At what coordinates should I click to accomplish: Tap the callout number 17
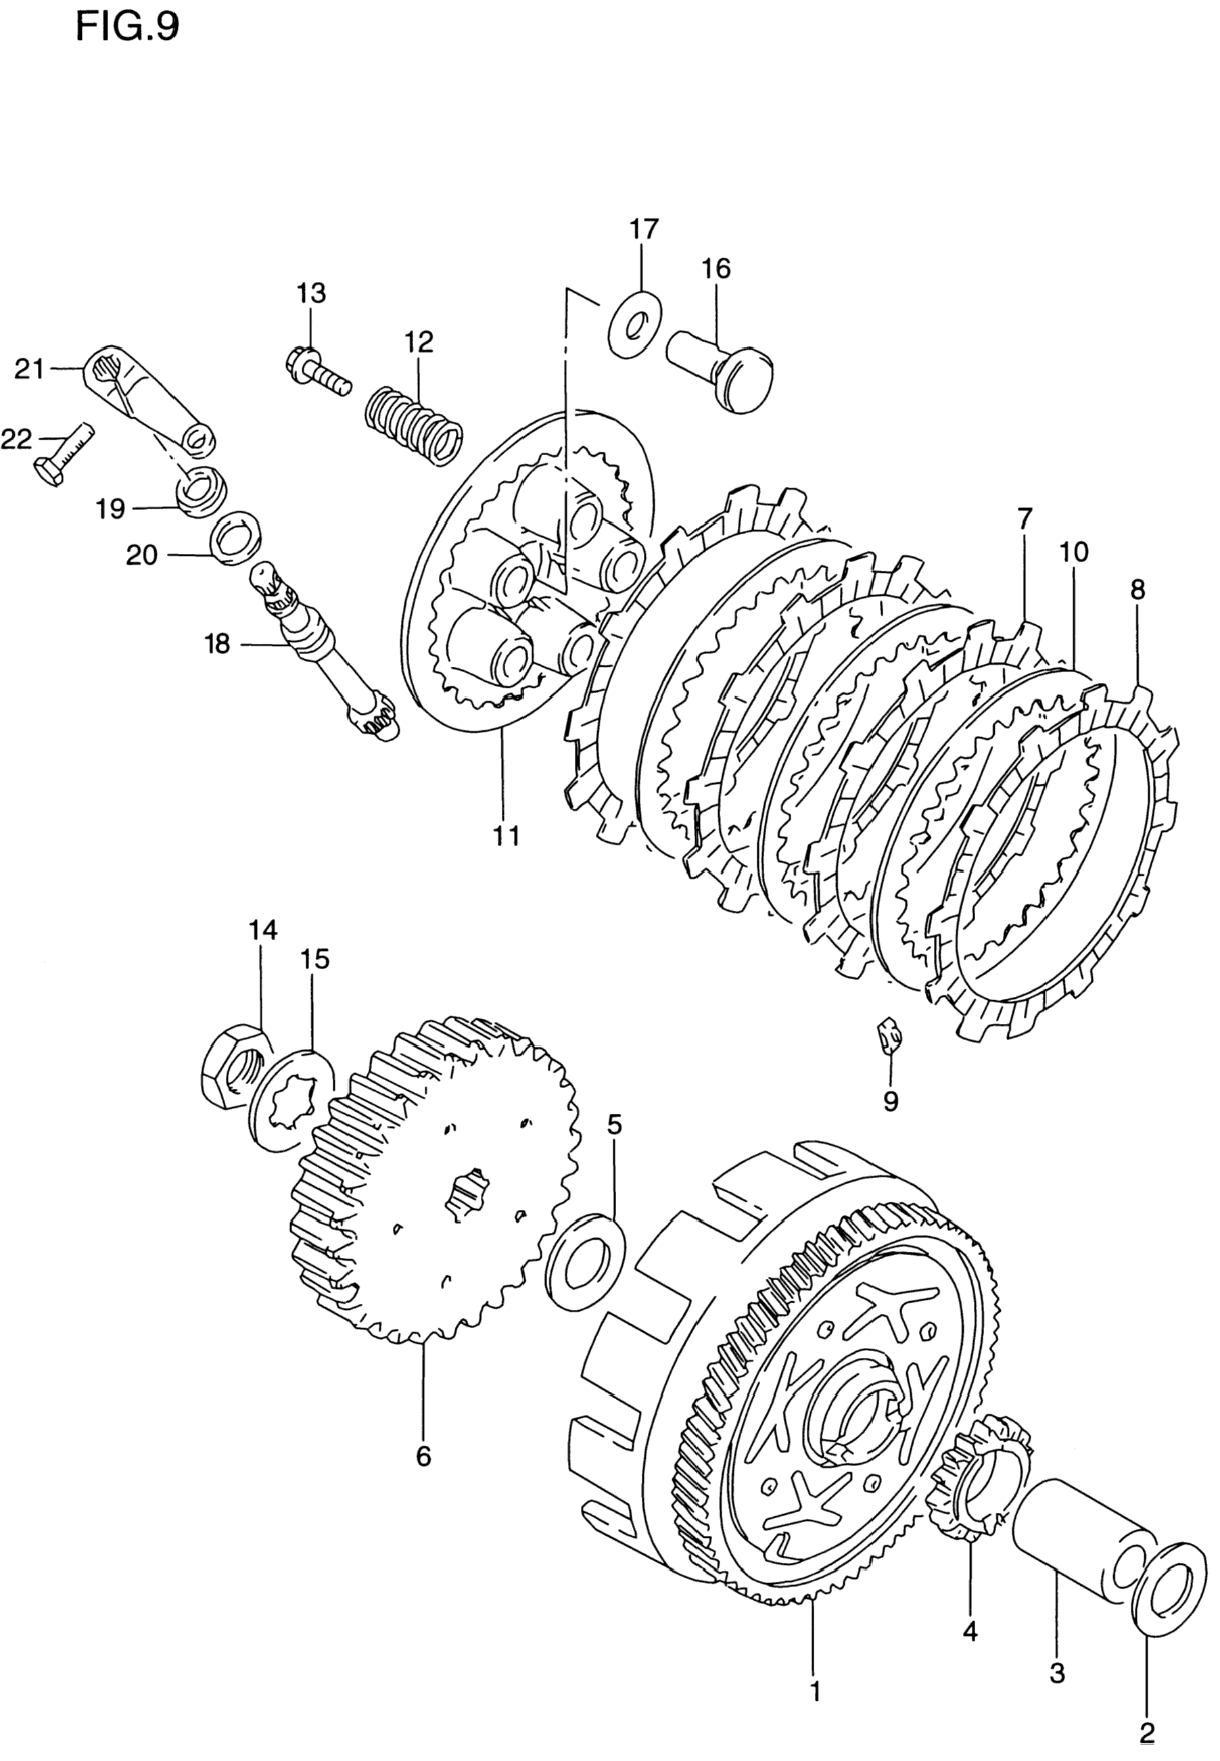tap(644, 229)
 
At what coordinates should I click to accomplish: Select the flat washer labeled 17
tap(636, 325)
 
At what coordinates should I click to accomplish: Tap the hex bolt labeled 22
tap(64, 456)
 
